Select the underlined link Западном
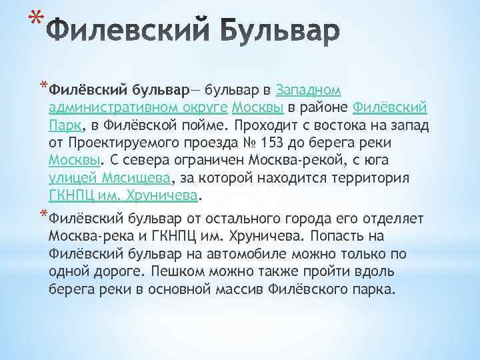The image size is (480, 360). (x=309, y=89)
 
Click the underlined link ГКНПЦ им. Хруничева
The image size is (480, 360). (x=124, y=196)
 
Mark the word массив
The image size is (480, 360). (x=264, y=291)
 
